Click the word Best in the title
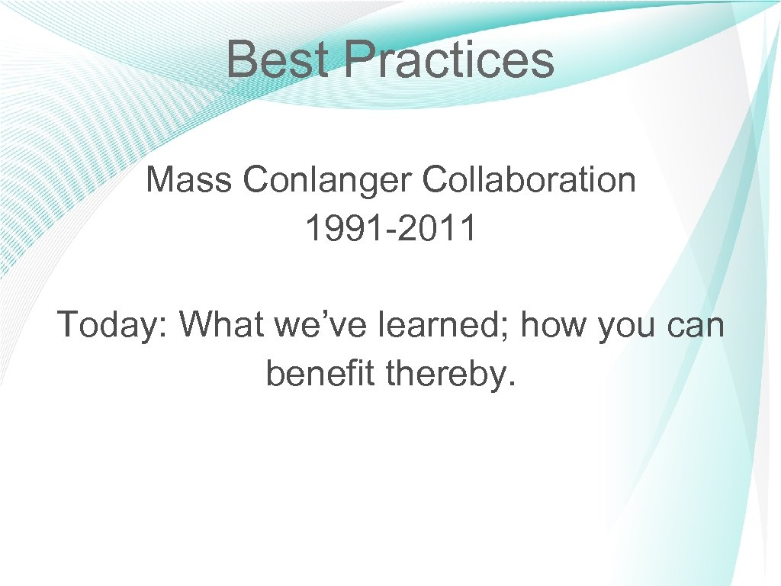pos(278,60)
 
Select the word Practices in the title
pos(448,60)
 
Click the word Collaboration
pos(529,180)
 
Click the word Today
pos(111,325)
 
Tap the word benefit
pos(321,372)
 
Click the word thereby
pos(445,373)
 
